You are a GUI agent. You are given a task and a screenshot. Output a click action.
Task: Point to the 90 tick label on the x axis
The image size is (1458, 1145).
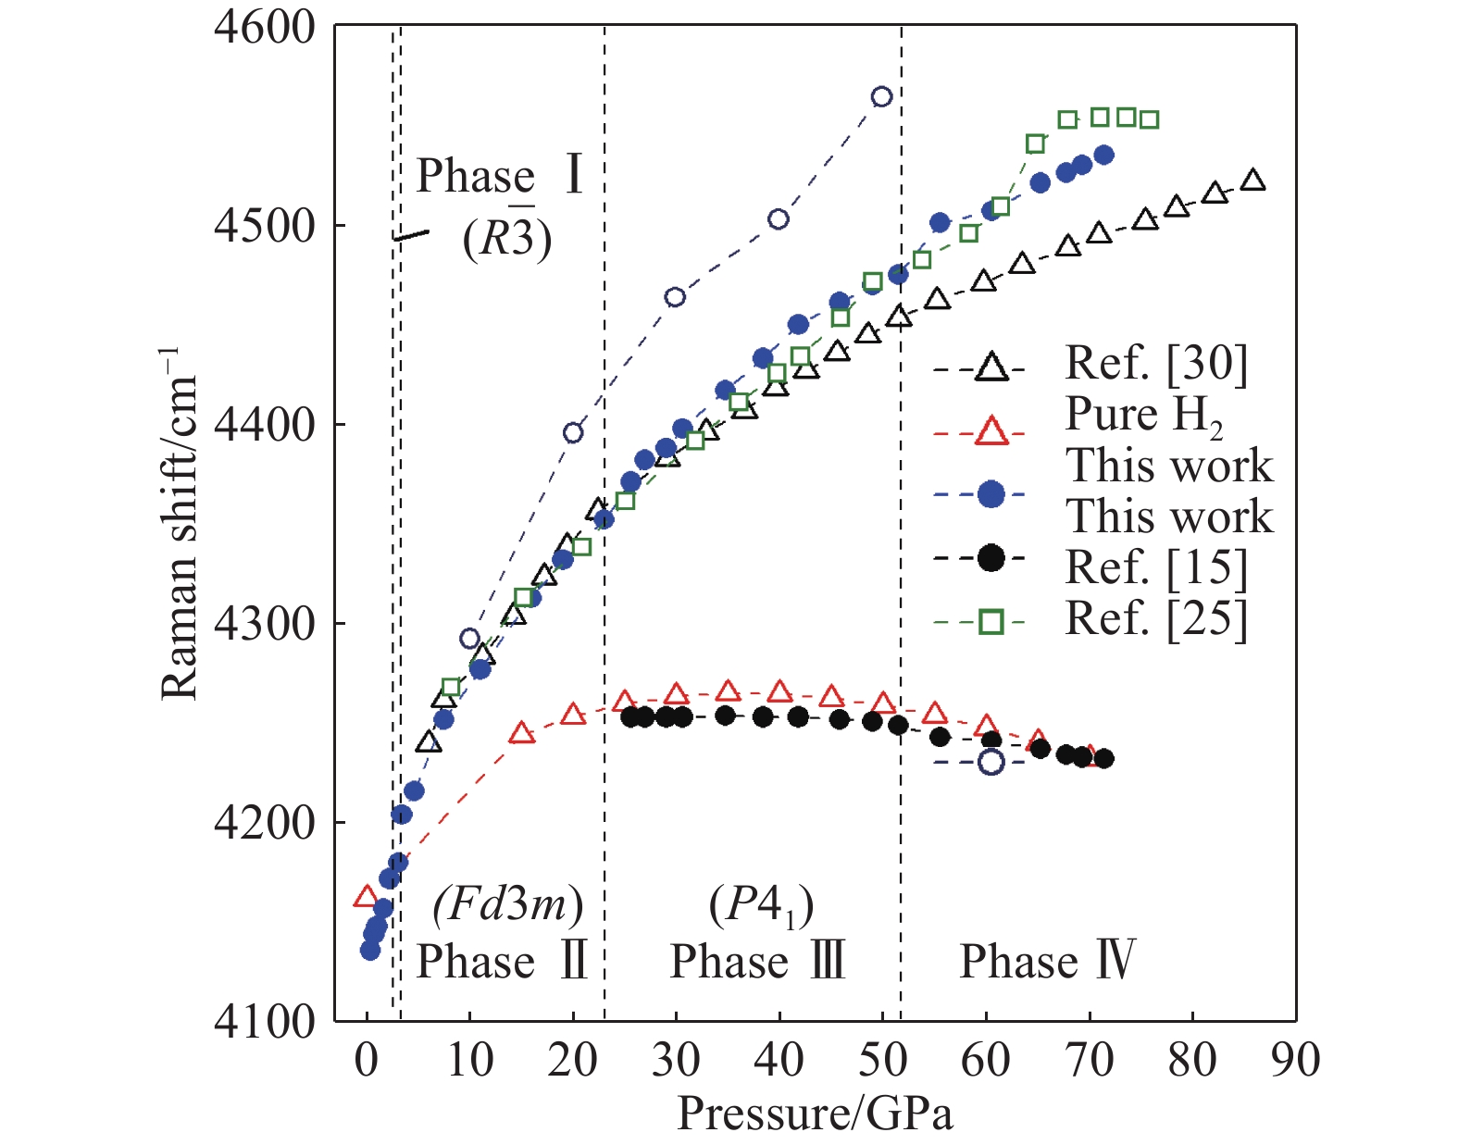point(1295,1060)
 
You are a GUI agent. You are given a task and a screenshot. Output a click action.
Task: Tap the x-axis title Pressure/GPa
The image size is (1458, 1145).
point(815,1114)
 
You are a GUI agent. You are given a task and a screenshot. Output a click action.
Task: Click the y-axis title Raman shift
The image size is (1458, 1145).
point(180,524)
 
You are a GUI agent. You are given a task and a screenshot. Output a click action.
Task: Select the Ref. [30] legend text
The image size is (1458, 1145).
point(1156,363)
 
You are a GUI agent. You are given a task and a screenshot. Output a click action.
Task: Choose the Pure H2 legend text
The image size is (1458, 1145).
point(1144,416)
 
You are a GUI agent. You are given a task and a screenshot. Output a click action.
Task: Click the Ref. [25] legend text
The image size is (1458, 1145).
point(1156,619)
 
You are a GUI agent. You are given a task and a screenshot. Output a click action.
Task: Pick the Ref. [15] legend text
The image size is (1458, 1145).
point(1156,567)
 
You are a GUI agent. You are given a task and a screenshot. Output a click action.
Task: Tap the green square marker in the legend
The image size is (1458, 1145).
point(991,621)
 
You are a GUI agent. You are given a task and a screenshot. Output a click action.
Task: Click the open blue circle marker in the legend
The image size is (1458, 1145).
point(991,763)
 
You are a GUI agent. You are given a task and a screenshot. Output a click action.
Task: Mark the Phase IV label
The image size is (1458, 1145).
point(1047,961)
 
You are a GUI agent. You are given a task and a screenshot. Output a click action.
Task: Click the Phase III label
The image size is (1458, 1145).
point(757,961)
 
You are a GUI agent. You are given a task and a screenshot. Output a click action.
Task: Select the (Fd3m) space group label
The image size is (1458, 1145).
point(508,903)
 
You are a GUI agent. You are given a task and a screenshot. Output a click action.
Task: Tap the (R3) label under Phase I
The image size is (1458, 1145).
point(507,239)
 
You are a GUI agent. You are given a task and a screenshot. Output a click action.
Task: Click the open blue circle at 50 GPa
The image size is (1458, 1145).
point(881,97)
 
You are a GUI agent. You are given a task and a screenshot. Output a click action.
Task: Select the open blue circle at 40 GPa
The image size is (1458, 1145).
point(779,219)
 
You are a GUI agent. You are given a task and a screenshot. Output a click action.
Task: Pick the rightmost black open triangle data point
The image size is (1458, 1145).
point(1253,180)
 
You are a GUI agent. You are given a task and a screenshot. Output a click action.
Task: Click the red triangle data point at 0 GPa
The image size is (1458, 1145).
point(367,896)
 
